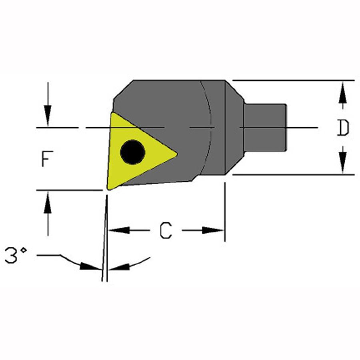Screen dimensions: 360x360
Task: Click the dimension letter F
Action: pos(47,159)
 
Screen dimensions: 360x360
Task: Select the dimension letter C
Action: pos(166,230)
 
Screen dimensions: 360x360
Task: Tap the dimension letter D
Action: pos(343,128)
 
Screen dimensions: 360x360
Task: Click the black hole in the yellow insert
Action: pos(133,152)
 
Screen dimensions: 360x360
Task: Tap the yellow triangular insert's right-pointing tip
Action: pos(177,154)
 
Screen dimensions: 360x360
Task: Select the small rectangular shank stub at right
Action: pos(266,128)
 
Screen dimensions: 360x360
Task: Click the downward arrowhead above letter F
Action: pos(48,116)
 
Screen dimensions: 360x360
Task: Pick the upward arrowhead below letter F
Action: pos(48,202)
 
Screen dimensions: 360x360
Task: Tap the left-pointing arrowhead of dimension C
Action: pos(119,230)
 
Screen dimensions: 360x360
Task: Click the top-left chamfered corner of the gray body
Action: pos(123,90)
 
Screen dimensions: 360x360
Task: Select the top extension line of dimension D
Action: pos(294,80)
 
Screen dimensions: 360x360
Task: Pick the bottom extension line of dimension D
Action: pos(294,175)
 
